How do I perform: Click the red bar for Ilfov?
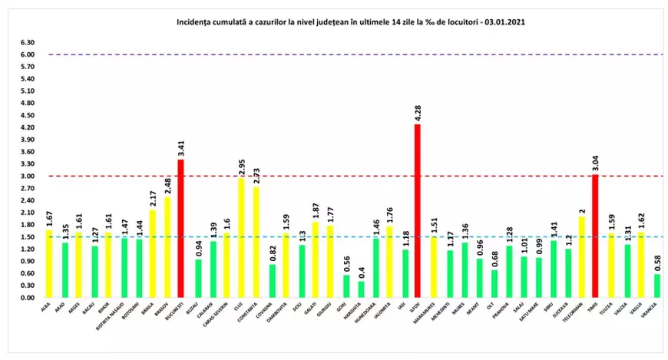418,211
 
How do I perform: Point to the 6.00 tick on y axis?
28,54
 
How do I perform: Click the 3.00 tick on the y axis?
28,176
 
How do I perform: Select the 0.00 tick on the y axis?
28,297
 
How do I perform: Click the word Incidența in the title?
193,23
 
